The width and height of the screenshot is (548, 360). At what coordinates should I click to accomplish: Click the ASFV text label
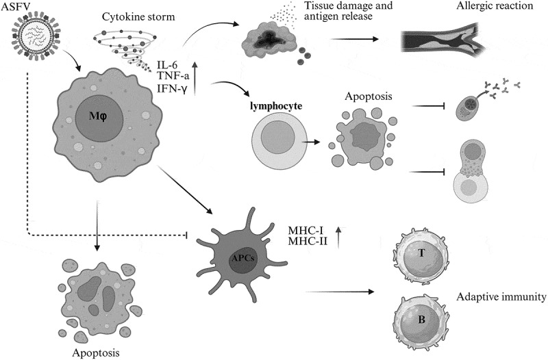coord(20,8)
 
